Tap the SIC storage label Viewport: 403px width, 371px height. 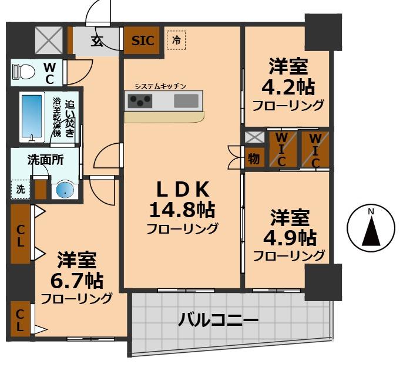coord(143,41)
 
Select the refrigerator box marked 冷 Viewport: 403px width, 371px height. coord(176,40)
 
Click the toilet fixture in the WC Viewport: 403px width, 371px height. coord(25,72)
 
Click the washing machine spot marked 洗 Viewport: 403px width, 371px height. coord(21,190)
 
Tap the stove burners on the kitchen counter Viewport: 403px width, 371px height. coord(140,101)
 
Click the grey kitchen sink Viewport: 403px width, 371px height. coord(186,100)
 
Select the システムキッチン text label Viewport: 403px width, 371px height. coord(160,86)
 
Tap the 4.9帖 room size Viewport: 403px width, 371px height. coord(288,237)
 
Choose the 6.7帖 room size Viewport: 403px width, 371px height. coord(76,279)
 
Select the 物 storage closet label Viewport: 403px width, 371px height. coord(254,158)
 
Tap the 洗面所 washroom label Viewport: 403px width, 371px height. coord(45,159)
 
